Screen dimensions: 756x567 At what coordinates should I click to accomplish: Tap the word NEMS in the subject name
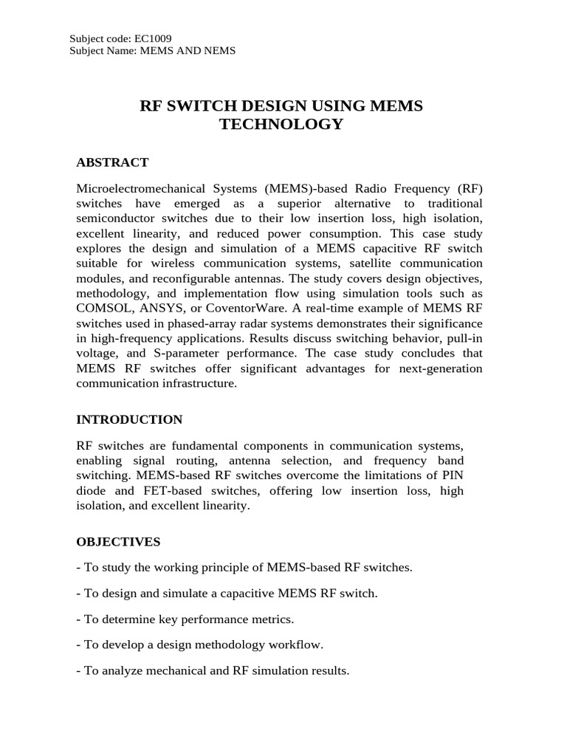pos(218,50)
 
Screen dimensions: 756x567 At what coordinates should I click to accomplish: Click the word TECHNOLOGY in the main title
pos(281,124)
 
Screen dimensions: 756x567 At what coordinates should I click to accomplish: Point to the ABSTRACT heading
pos(112,162)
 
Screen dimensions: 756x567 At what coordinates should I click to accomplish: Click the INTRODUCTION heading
pos(129,419)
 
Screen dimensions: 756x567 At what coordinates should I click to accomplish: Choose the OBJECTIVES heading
pos(118,542)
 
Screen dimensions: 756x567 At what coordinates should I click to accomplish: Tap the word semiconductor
pos(114,219)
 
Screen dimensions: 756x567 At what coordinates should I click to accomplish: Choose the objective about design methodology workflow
pos(199,645)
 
